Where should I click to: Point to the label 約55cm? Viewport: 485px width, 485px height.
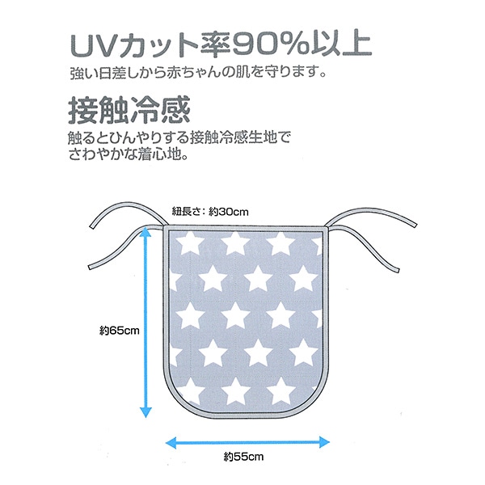(245, 457)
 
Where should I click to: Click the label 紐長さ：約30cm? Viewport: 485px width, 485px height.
(210, 212)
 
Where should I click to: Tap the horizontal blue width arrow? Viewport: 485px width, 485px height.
(248, 441)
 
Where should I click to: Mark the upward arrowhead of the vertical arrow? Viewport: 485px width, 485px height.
(145, 232)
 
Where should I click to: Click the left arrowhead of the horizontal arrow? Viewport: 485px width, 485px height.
(171, 441)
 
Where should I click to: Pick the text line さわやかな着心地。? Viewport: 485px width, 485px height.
(129, 152)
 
